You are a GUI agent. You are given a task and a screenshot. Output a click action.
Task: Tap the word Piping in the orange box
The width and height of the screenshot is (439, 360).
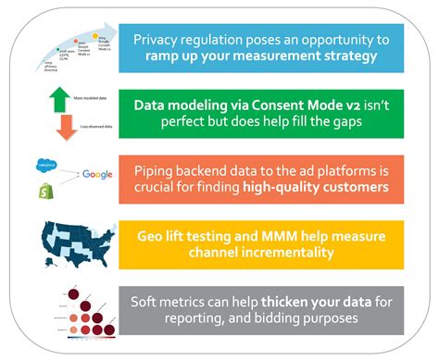point(159,171)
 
